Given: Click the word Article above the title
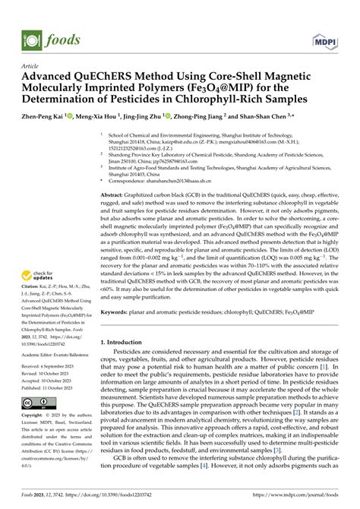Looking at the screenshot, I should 33,66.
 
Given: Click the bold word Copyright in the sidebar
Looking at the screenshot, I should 37,416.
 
